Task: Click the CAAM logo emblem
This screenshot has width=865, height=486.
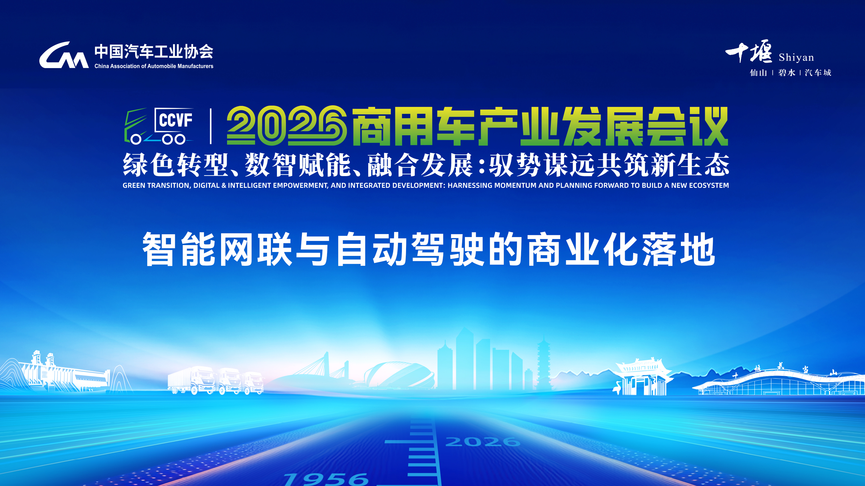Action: point(64,55)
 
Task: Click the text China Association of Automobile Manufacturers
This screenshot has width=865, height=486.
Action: point(154,66)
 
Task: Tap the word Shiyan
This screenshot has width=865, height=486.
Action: point(796,57)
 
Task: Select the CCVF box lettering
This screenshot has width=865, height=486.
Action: point(175,120)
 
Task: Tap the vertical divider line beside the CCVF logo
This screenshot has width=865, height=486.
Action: point(211,126)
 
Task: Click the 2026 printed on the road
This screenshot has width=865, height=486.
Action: point(483,442)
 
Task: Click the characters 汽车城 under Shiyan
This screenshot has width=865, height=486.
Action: point(818,73)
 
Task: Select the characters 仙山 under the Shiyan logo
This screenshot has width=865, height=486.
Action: point(759,73)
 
